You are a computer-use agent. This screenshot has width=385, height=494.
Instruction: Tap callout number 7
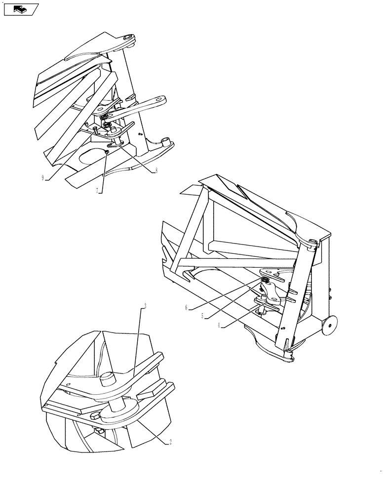[98, 190]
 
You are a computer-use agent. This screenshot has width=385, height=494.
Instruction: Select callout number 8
[156, 171]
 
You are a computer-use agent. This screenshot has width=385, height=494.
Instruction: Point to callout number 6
[187, 307]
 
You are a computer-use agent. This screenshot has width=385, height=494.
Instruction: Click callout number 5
[203, 316]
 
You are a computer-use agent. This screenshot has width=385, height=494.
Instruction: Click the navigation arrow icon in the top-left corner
[20, 8]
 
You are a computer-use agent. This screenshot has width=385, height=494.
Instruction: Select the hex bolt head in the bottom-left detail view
[94, 417]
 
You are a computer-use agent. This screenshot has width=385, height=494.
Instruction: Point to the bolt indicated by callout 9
[95, 129]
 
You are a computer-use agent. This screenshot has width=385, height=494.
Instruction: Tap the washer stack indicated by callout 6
[265, 281]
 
